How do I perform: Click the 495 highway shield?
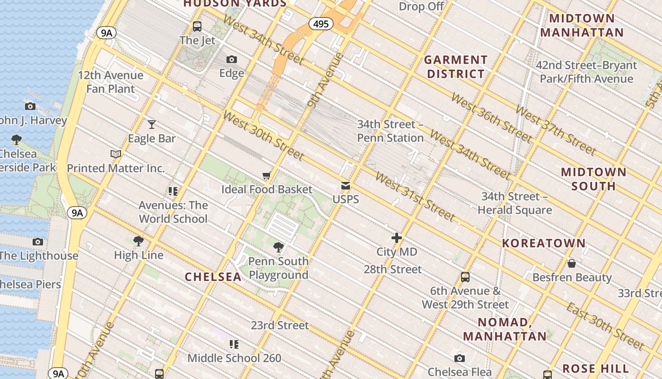[x=320, y=24]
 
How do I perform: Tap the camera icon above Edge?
[x=231, y=59]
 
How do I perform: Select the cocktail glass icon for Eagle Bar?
[x=151, y=125]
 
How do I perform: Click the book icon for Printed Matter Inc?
[x=116, y=154]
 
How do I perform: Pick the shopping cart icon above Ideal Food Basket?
[x=267, y=176]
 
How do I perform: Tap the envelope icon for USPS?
[x=346, y=186]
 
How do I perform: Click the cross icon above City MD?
[x=396, y=238]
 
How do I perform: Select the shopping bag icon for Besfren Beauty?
[x=572, y=263]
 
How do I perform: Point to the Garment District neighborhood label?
[x=455, y=67]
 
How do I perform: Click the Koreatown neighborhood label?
[x=544, y=243]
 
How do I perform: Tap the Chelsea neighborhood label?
[x=213, y=277]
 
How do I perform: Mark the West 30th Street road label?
[x=263, y=135]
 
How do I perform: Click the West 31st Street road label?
[x=415, y=197]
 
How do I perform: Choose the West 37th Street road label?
[x=556, y=130]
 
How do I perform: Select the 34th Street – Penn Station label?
[x=390, y=131]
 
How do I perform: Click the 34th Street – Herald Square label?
[x=514, y=203]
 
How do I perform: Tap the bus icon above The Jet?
[x=197, y=27]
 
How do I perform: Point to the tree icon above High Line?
[x=139, y=241]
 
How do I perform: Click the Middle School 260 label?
[x=234, y=358]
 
